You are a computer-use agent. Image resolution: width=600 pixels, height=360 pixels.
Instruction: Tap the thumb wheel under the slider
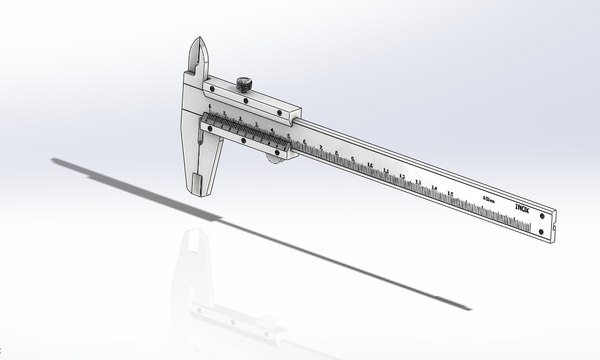click(x=271, y=156)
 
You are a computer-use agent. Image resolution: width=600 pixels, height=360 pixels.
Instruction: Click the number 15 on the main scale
click(x=451, y=193)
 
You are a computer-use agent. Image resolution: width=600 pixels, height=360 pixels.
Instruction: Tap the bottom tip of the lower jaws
click(x=197, y=190)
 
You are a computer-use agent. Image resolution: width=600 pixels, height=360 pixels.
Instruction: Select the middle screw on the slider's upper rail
click(x=245, y=99)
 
